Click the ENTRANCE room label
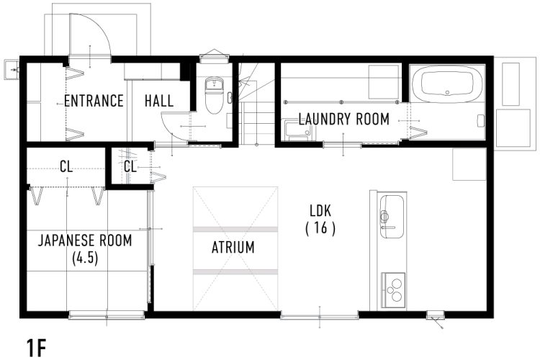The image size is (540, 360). [94, 101]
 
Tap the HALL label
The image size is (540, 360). [159, 101]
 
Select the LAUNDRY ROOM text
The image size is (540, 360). [343, 120]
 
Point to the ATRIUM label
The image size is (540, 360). [233, 248]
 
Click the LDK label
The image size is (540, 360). [320, 210]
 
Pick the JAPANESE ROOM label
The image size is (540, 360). [85, 240]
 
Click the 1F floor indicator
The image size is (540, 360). [36, 348]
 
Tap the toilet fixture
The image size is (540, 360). [215, 95]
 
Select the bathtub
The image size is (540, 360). [446, 84]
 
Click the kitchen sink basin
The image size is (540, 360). [391, 216]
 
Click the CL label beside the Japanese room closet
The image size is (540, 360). [66, 167]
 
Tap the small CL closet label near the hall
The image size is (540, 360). [130, 167]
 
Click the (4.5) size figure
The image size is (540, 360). [85, 258]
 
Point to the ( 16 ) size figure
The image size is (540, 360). [320, 228]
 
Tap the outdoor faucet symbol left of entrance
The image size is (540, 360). [12, 70]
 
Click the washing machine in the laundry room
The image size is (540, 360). [297, 130]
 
